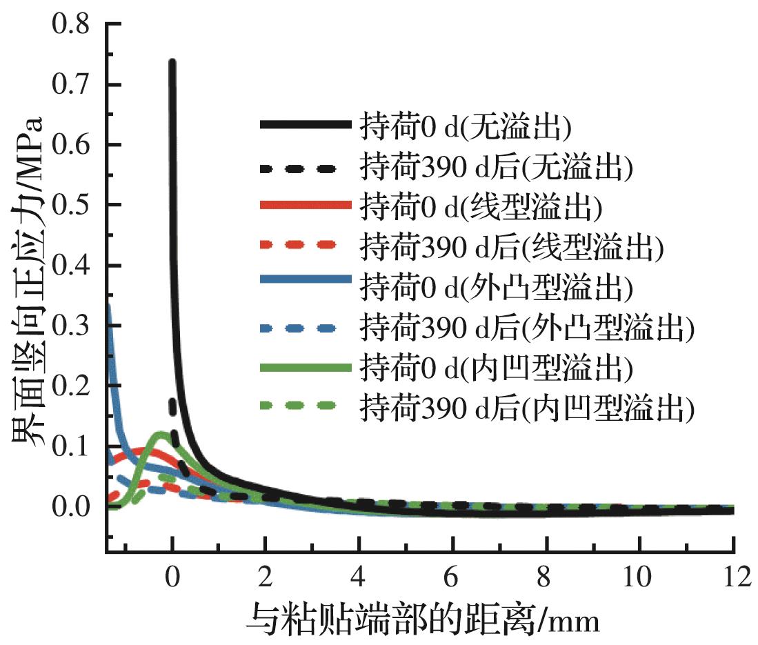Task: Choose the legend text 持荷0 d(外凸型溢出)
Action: coord(495,286)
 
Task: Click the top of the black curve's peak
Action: coord(172,62)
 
